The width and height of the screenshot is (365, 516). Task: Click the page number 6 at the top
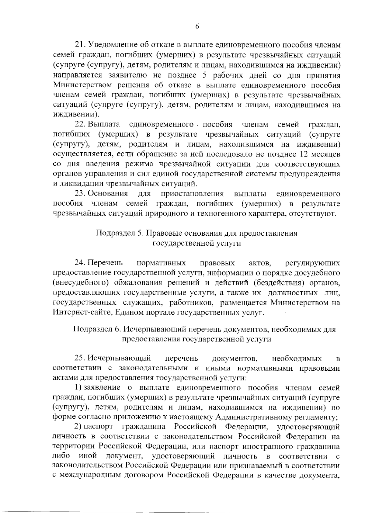tap(197, 26)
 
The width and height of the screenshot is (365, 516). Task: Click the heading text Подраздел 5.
tap(119, 233)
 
